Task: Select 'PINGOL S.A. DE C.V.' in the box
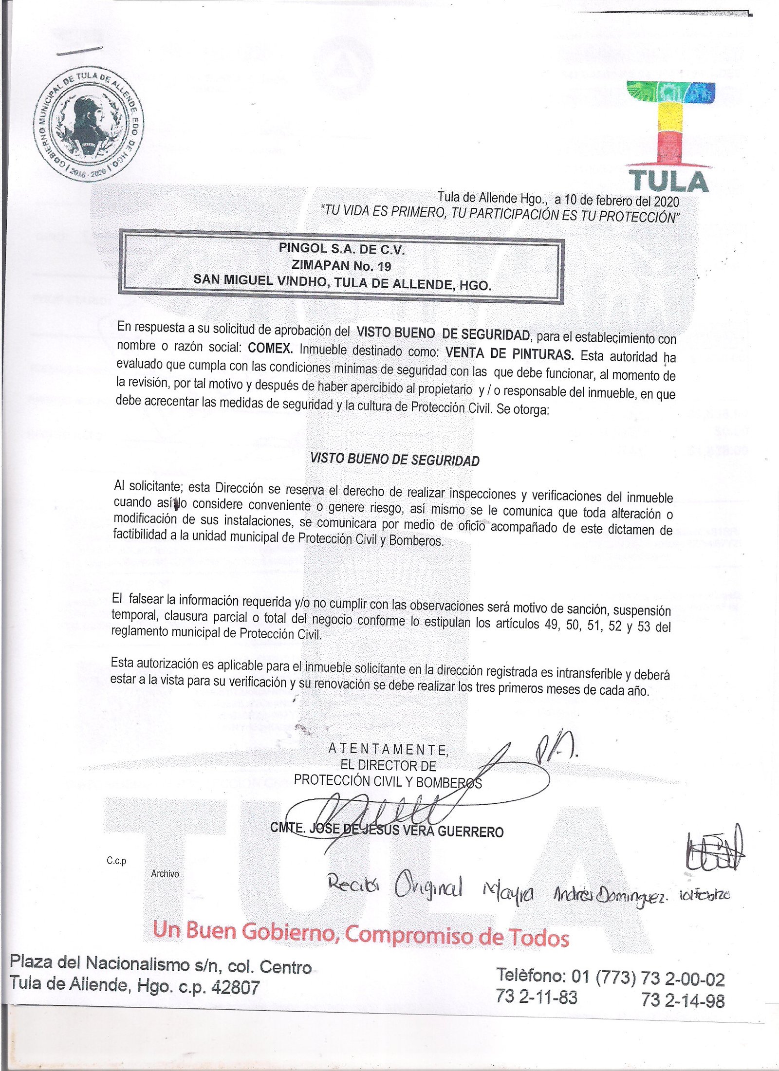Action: [x=342, y=249]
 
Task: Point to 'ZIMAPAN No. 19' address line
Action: [x=341, y=266]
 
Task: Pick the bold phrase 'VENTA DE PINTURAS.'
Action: [x=509, y=353]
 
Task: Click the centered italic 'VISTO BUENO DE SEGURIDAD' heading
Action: [x=395, y=460]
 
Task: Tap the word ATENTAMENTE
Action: [x=388, y=749]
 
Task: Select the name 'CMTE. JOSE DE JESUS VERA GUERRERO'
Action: [x=387, y=830]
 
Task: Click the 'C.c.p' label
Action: [x=116, y=861]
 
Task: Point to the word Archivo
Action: [x=165, y=874]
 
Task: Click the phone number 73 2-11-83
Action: [x=537, y=997]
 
